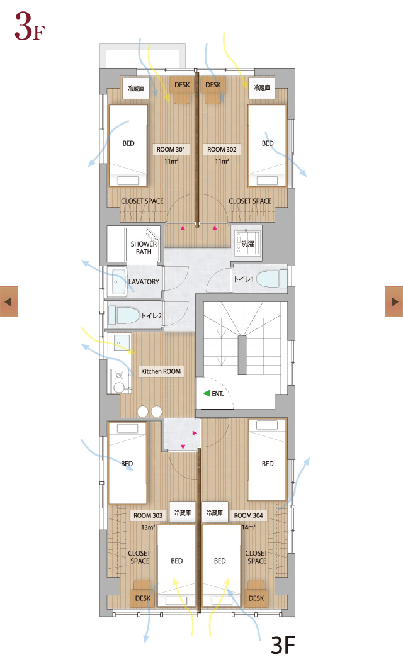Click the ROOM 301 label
pyautogui.click(x=171, y=149)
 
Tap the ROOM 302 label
pyautogui.click(x=222, y=149)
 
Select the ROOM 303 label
pyautogui.click(x=148, y=515)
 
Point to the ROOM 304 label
pyautogui.click(x=248, y=515)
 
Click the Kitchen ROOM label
pyautogui.click(x=161, y=371)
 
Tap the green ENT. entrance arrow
pyautogui.click(x=207, y=393)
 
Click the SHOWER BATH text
pyautogui.click(x=144, y=247)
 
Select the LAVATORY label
pyautogui.click(x=144, y=282)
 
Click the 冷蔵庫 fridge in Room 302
pyautogui.click(x=262, y=87)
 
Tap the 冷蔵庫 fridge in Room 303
pyautogui.click(x=183, y=513)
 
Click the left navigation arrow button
pyautogui.click(x=9, y=301)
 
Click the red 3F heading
pyautogui.click(x=30, y=26)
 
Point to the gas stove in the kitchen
pyautogui.click(x=118, y=376)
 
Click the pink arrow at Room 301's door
pyautogui.click(x=183, y=228)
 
